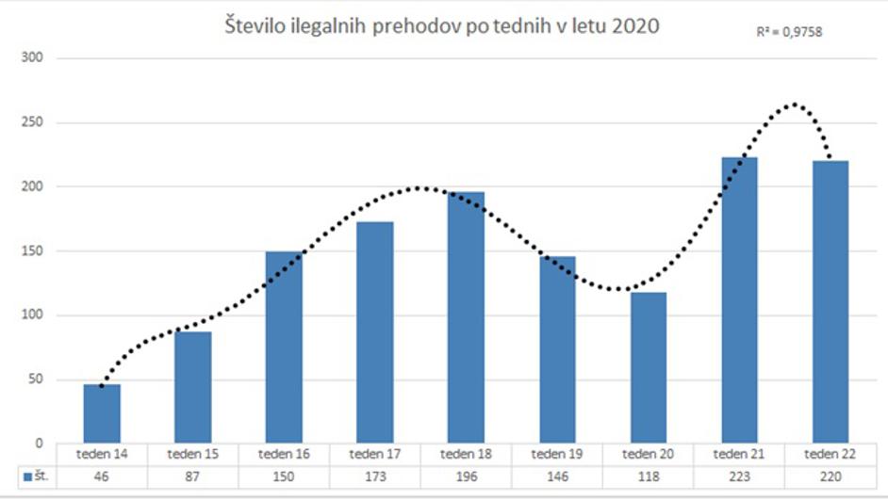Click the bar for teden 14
[102, 413]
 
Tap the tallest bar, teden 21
[739, 300]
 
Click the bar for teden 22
[830, 301]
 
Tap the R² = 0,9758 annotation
[790, 32]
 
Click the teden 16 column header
[284, 454]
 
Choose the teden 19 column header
[557, 454]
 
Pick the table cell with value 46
[102, 477]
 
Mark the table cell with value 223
[739, 477]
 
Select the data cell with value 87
[193, 477]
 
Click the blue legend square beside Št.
[27, 477]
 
